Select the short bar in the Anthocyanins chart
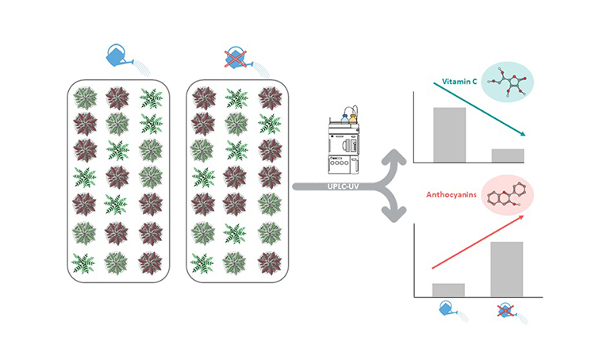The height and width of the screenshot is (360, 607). point(448,289)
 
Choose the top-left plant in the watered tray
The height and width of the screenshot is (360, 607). point(85,98)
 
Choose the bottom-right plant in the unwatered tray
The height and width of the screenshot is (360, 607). point(271,261)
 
